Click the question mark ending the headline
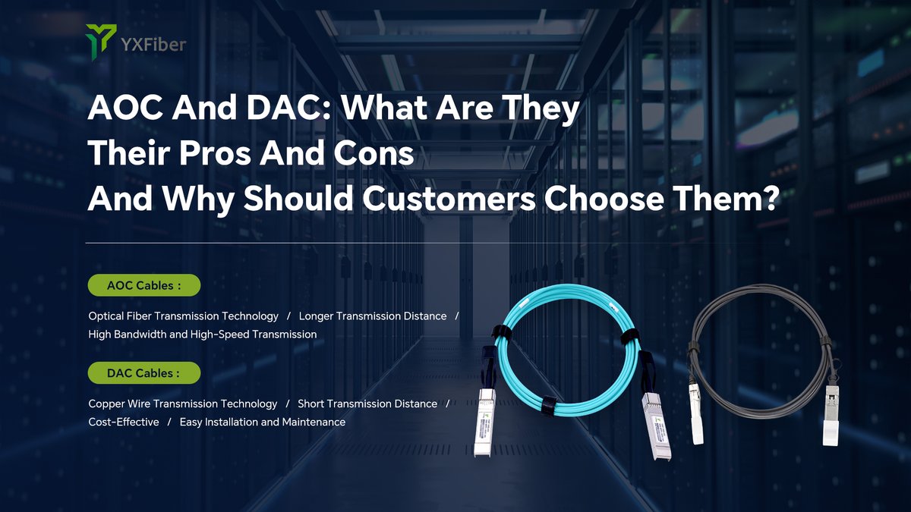coord(769,198)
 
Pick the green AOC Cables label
coord(144,285)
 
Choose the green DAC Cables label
coord(144,373)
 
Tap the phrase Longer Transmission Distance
coord(373,316)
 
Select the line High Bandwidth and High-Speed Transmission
coord(203,334)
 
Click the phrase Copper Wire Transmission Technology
coord(183,404)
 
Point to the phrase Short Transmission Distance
coord(367,404)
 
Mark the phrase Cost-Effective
coord(124,422)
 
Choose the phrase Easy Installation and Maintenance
coord(263,422)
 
